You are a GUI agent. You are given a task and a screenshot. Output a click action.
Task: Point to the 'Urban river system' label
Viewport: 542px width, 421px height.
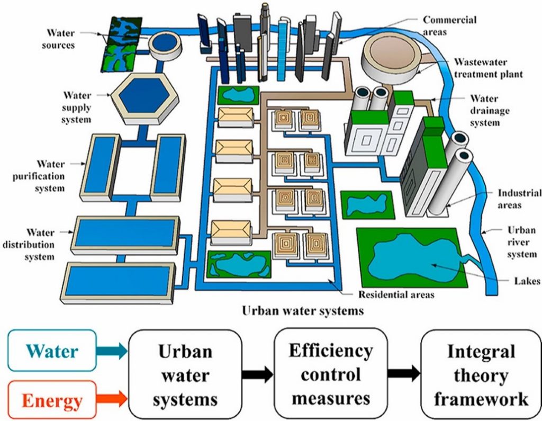point(521,243)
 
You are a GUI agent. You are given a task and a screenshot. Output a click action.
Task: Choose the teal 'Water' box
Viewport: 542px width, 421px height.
point(52,351)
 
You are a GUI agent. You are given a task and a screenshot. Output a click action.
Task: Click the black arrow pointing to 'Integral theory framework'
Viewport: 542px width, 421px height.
point(403,373)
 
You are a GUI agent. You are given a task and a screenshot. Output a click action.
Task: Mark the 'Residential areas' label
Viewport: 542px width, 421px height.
point(396,294)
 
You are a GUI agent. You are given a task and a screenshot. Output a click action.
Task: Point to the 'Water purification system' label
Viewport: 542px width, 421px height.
point(39,175)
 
